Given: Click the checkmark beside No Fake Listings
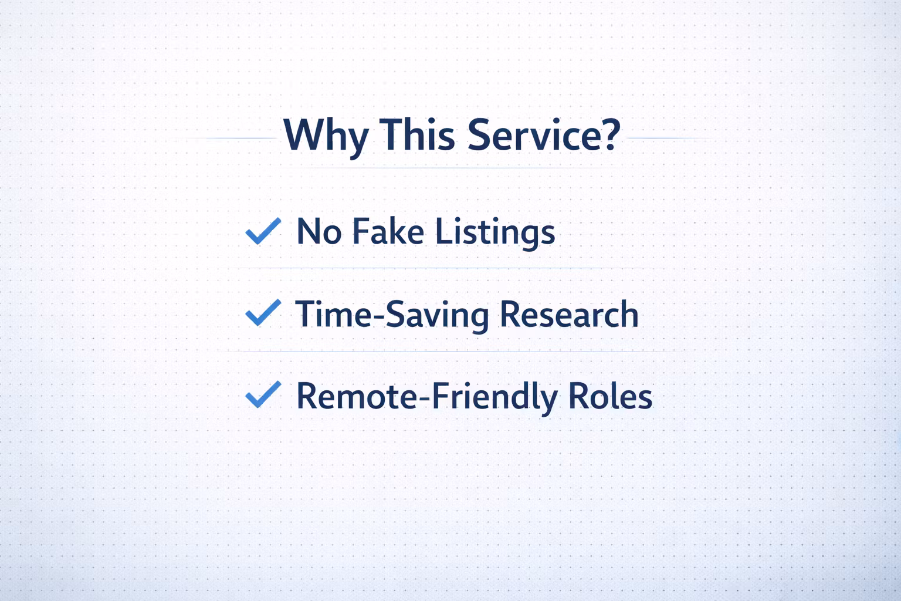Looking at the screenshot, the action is click(x=263, y=231).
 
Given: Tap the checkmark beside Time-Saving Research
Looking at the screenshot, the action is click(x=263, y=312).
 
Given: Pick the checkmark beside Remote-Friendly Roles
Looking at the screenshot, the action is click(x=263, y=394).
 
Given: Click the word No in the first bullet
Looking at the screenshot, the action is click(x=319, y=231).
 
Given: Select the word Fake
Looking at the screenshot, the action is click(x=388, y=231).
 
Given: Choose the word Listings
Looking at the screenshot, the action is click(x=495, y=234).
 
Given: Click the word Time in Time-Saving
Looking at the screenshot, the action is click(x=334, y=313).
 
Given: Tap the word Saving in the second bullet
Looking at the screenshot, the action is click(x=438, y=317).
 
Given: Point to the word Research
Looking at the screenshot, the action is click(x=569, y=313).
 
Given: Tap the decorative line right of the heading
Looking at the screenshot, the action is click(x=670, y=138).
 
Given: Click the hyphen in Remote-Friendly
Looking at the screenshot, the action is click(x=425, y=399).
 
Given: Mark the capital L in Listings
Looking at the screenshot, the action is click(x=445, y=231).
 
